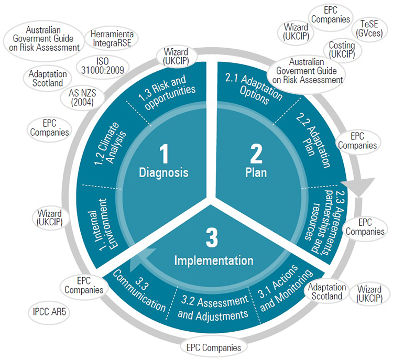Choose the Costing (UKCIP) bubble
[x=342, y=50]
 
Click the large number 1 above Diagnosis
[x=164, y=154]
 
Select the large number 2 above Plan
[x=256, y=154]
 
